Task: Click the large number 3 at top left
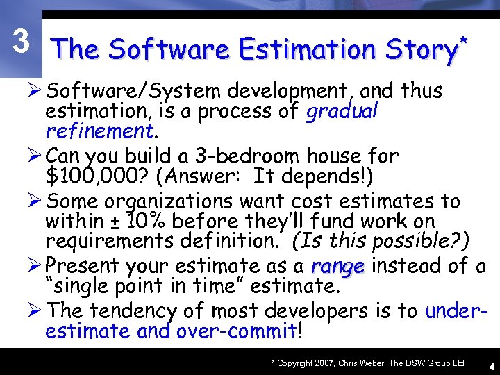pyautogui.click(x=22, y=43)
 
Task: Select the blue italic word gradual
pyautogui.click(x=340, y=110)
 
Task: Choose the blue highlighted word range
pyautogui.click(x=338, y=266)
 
